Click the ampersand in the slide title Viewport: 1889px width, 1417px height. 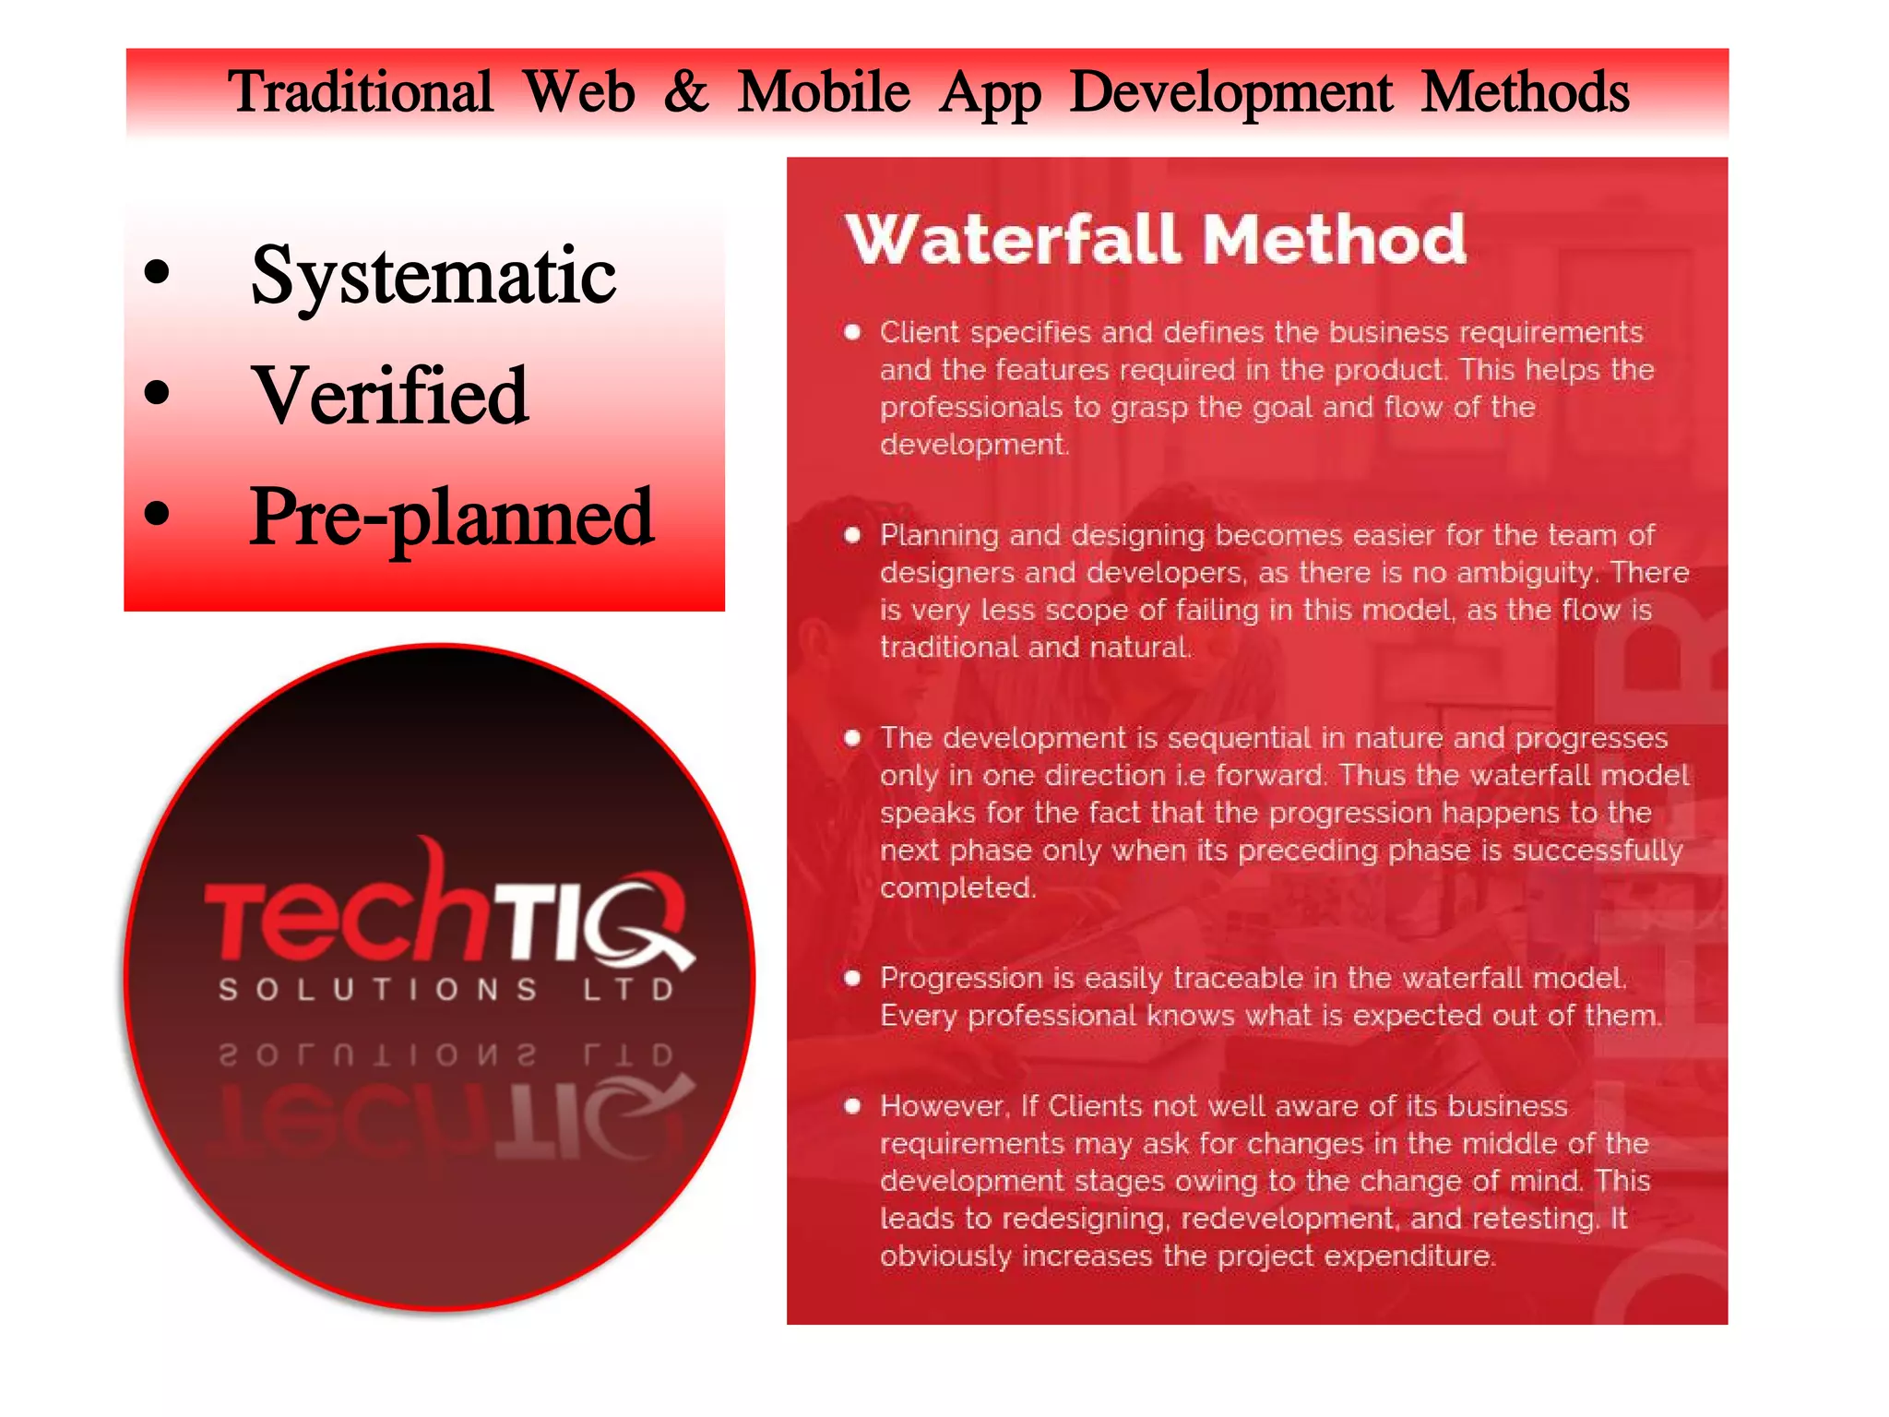pos(686,92)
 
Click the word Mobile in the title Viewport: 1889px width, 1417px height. pos(824,92)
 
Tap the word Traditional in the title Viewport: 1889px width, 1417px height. pos(361,92)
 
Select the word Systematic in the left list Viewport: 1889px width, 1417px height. pos(433,275)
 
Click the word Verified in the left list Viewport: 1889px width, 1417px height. pos(391,396)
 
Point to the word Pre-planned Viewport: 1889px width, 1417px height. pos(452,518)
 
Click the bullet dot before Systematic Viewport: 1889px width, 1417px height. pos(158,272)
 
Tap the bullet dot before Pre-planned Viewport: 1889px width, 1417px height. pos(158,514)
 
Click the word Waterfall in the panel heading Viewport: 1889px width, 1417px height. pos(1013,240)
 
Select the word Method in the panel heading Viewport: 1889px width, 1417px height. pos(1334,240)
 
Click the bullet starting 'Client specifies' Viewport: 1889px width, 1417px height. pos(852,332)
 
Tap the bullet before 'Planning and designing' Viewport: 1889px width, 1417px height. pos(852,535)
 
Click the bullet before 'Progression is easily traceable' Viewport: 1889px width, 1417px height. pos(852,978)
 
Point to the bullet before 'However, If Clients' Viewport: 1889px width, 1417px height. pos(852,1106)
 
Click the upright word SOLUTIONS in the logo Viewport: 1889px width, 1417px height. pos(378,990)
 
